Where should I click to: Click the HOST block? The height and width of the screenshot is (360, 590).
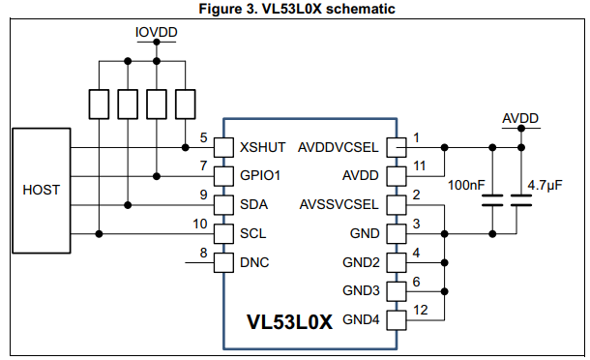[x=41, y=190]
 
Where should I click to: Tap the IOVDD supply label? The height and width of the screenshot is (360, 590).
[x=155, y=32]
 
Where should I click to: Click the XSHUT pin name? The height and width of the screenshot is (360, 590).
[x=262, y=147]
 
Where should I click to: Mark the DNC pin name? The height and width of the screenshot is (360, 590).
[x=254, y=262]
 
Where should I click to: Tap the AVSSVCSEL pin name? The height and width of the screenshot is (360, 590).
[x=340, y=205]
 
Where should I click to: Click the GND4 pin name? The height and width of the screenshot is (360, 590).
[x=361, y=319]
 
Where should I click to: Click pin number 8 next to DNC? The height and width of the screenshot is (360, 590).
[x=202, y=254]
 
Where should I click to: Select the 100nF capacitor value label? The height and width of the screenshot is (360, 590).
[x=467, y=184]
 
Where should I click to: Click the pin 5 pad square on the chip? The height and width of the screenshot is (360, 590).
[x=223, y=147]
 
